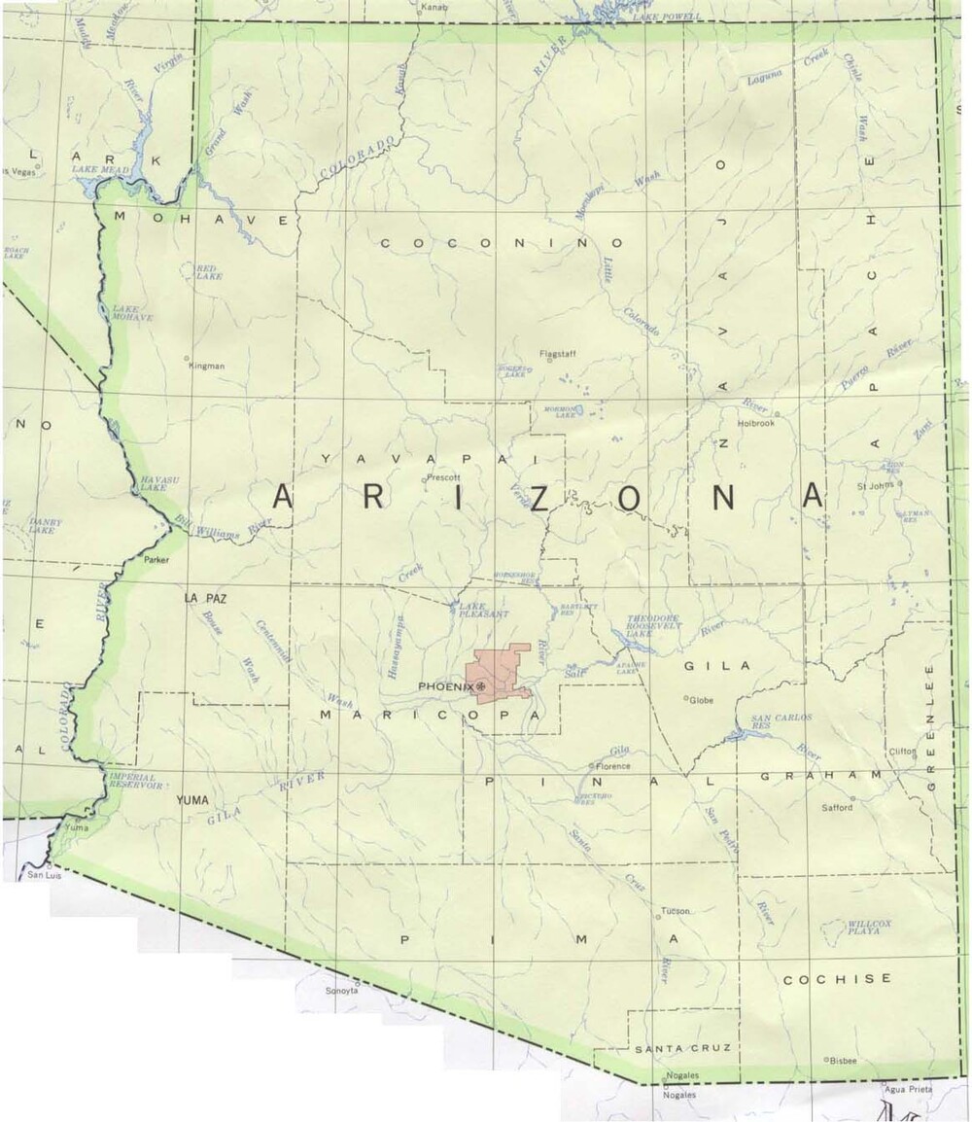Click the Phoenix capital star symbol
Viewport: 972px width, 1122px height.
pyautogui.click(x=480, y=687)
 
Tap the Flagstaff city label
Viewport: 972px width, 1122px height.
pyautogui.click(x=558, y=354)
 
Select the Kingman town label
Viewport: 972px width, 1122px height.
pyautogui.click(x=208, y=366)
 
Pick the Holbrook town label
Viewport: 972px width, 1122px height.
pyautogui.click(x=757, y=423)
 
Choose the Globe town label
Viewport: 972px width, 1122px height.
pyautogui.click(x=701, y=699)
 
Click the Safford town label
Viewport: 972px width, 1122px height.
pyautogui.click(x=837, y=808)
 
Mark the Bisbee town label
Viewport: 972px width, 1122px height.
pyautogui.click(x=843, y=1061)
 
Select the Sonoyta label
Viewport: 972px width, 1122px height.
pyautogui.click(x=342, y=991)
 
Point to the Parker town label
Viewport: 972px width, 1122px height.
pyautogui.click(x=156, y=561)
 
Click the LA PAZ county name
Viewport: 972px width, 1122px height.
pyautogui.click(x=204, y=599)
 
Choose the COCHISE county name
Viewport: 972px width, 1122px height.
pyautogui.click(x=837, y=979)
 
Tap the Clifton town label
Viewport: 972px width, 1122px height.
pyautogui.click(x=902, y=752)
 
